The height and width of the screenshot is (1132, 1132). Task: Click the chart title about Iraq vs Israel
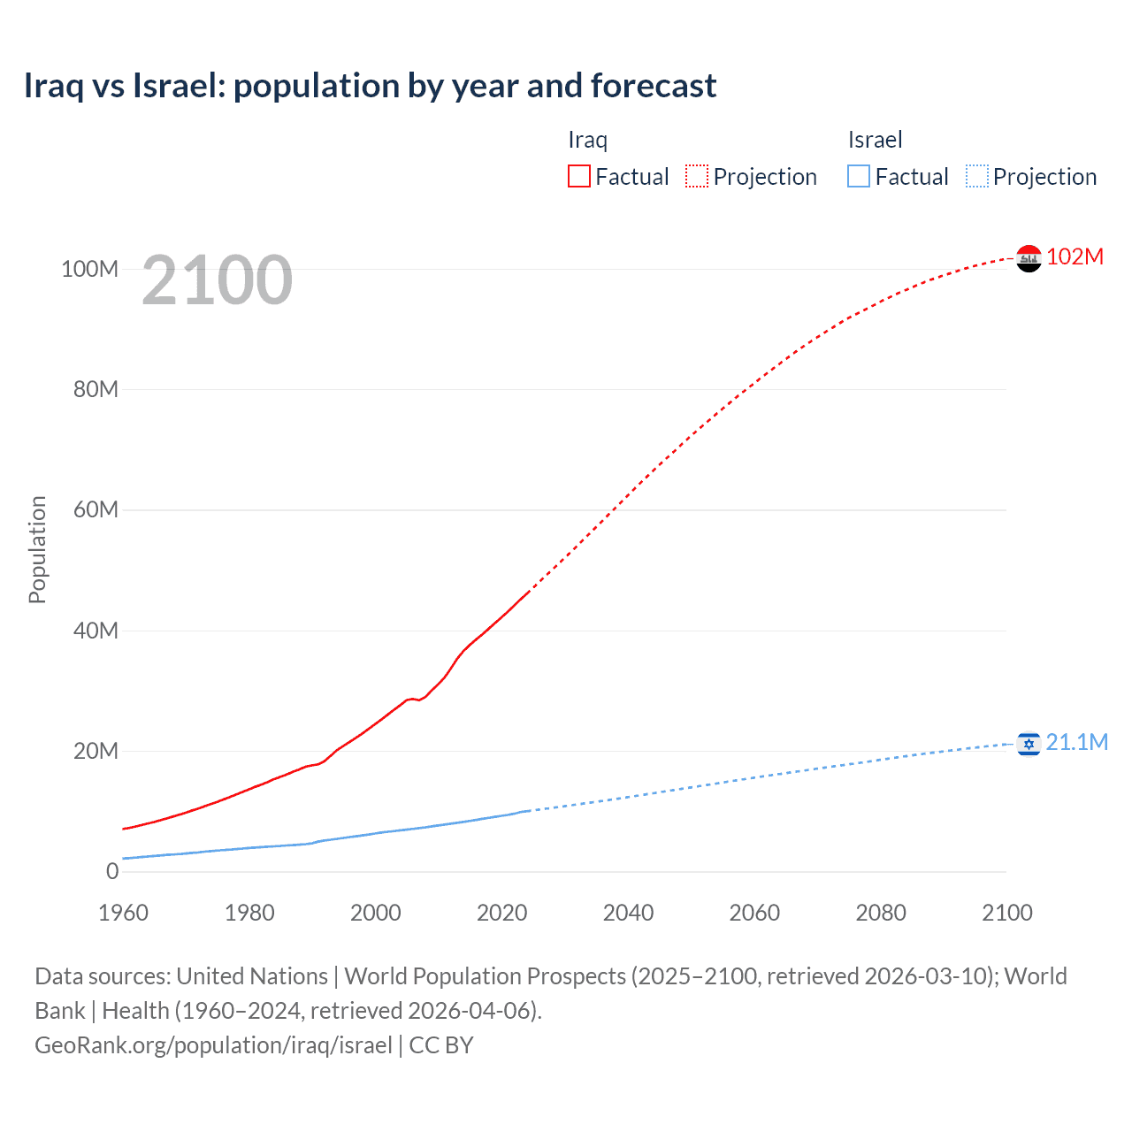click(370, 86)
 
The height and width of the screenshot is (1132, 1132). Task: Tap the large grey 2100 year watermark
click(217, 280)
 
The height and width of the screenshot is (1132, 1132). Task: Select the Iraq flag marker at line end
click(1029, 258)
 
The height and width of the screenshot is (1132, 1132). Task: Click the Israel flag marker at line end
click(1029, 744)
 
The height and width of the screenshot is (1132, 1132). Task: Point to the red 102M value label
click(1075, 256)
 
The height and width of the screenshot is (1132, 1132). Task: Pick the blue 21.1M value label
click(1076, 742)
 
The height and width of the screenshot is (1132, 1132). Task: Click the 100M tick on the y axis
click(89, 269)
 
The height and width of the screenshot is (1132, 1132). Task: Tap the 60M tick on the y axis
click(96, 509)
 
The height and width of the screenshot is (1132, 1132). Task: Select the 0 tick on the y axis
click(112, 871)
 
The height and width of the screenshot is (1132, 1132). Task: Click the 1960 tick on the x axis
click(123, 913)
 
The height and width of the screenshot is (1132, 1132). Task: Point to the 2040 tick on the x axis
click(628, 913)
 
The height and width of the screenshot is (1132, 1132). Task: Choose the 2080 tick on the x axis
click(881, 913)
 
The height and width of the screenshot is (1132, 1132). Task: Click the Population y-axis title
click(37, 549)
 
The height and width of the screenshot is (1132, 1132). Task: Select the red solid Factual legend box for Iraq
click(579, 176)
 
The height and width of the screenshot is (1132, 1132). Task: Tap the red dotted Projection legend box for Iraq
click(697, 176)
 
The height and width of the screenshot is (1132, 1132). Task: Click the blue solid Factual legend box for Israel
click(859, 176)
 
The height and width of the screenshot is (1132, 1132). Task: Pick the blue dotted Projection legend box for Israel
click(977, 176)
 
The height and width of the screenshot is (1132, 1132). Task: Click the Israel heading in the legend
click(875, 140)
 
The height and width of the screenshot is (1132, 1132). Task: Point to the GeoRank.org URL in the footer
click(213, 1044)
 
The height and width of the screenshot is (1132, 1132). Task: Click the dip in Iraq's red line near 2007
click(418, 700)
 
